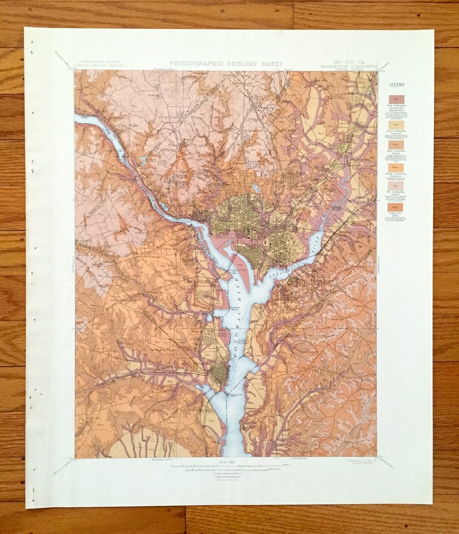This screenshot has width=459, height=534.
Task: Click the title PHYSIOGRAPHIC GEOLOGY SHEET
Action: coord(227,64)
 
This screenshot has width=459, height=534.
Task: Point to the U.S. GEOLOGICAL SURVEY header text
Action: coord(98,62)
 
